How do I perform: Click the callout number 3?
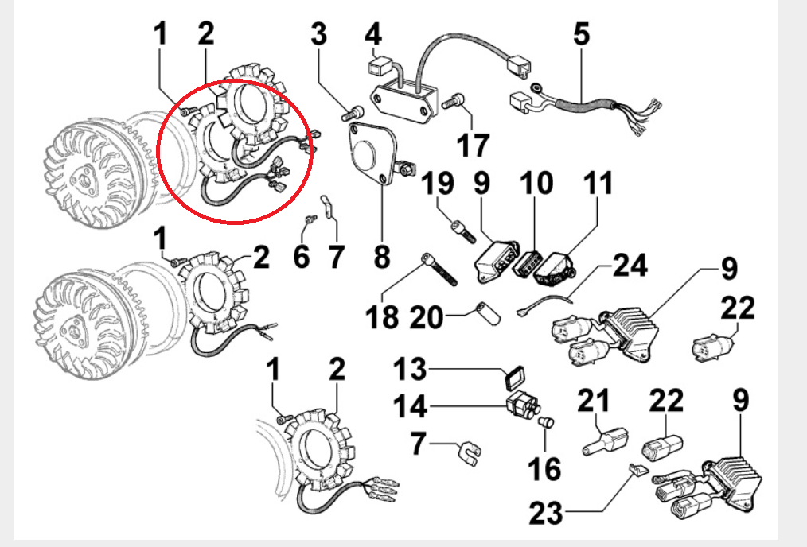tap(318, 36)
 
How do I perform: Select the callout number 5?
tap(582, 36)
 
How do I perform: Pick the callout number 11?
tap(598, 184)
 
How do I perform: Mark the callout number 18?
tap(383, 318)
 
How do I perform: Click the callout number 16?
tap(545, 468)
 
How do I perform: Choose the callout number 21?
tap(592, 401)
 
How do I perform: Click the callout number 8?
tap(382, 256)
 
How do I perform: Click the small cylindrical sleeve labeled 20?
tap(489, 313)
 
